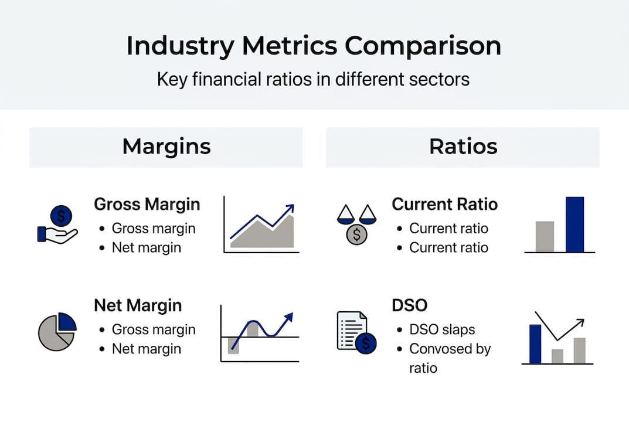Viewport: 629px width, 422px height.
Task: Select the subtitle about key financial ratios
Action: pyautogui.click(x=314, y=79)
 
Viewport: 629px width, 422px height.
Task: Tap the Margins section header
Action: pyautogui.click(x=166, y=147)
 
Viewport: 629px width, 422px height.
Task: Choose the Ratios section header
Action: pyautogui.click(x=463, y=147)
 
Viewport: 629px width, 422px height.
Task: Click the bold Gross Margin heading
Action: pyautogui.click(x=147, y=205)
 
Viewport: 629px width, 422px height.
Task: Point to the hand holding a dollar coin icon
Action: pyautogui.click(x=57, y=226)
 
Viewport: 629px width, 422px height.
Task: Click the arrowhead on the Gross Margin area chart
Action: pyautogui.click(x=290, y=208)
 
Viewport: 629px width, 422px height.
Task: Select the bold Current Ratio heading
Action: pyautogui.click(x=444, y=205)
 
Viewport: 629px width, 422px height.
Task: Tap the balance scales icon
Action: pyautogui.click(x=356, y=223)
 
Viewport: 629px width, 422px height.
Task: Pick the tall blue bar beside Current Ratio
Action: pyautogui.click(x=574, y=224)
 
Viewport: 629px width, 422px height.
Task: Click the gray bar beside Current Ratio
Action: pyautogui.click(x=545, y=237)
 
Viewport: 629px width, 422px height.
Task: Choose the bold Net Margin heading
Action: pyautogui.click(x=138, y=305)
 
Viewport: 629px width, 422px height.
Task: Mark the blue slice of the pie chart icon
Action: pyautogui.click(x=67, y=322)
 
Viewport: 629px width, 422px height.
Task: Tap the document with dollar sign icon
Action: pyautogui.click(x=355, y=332)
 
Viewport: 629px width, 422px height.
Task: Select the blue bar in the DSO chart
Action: pyautogui.click(x=535, y=344)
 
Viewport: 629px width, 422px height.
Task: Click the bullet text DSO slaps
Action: pyautogui.click(x=442, y=330)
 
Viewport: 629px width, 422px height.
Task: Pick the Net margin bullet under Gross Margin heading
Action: pyautogui.click(x=147, y=248)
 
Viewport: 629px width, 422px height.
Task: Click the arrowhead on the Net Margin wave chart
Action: pyautogui.click(x=288, y=317)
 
